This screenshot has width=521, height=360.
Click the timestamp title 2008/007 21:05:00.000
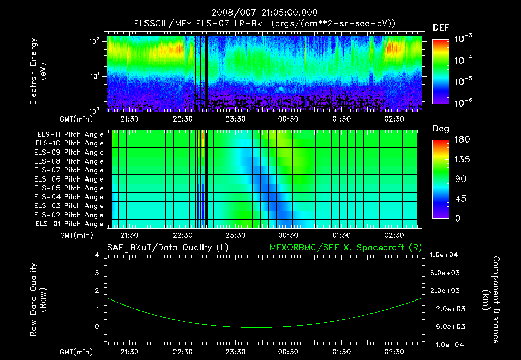click(260, 13)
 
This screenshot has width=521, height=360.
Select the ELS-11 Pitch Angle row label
click(70, 134)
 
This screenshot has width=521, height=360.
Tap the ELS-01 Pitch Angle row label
click(70, 224)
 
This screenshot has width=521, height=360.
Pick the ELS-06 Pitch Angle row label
click(70, 179)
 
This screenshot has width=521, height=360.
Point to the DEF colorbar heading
click(441, 28)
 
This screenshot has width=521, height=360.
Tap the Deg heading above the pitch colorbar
click(441, 129)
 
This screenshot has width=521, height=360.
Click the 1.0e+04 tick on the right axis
click(446, 255)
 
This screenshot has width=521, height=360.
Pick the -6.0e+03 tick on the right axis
click(446, 326)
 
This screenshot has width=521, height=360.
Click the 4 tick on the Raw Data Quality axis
click(97, 255)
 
